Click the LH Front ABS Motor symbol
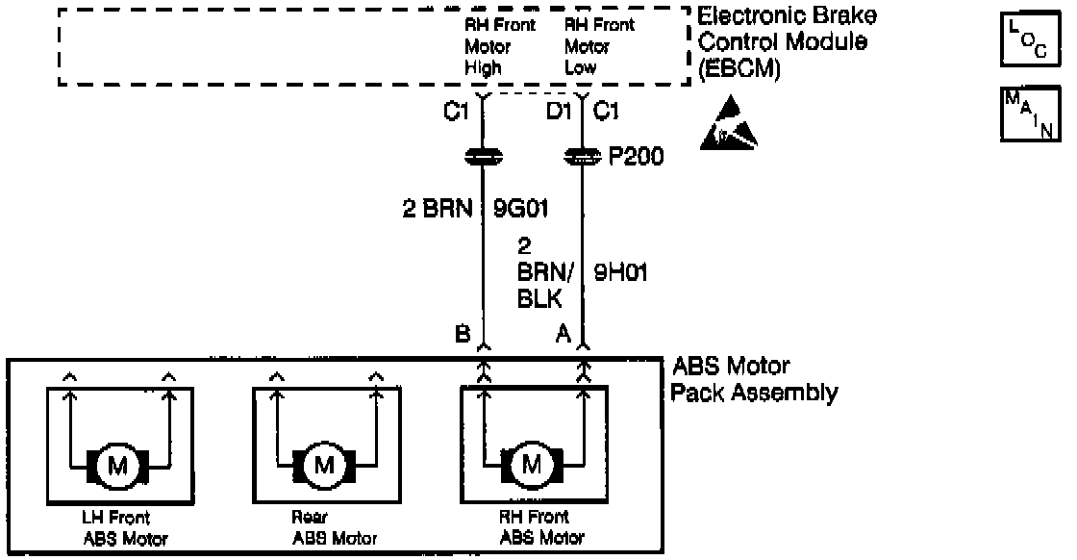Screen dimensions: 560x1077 click(117, 466)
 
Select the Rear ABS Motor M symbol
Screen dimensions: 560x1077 click(324, 466)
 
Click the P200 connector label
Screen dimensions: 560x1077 click(636, 156)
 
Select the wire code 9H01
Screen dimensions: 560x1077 click(620, 273)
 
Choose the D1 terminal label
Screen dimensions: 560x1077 click(559, 113)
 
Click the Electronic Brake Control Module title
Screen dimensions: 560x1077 click(786, 42)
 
